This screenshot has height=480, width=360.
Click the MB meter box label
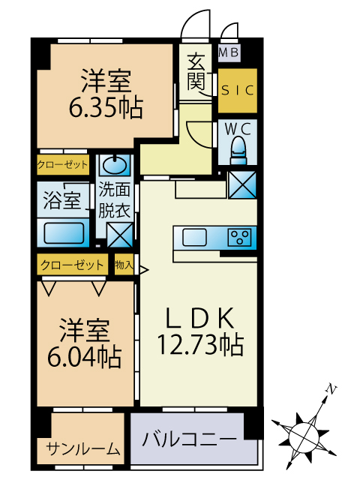[x=229, y=52]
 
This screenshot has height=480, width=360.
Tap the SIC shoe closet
[x=237, y=90]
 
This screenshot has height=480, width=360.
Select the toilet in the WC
[x=238, y=151]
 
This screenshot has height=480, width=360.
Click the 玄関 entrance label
[x=196, y=71]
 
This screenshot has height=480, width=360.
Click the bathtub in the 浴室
[x=64, y=233]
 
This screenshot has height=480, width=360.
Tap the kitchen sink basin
[x=195, y=238]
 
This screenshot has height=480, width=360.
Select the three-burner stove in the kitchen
[x=239, y=237]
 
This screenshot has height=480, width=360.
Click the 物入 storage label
[x=124, y=264]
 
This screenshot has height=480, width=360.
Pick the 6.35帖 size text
[x=106, y=108]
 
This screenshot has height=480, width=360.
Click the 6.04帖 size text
[x=85, y=357]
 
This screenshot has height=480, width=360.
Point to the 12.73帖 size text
[x=200, y=345]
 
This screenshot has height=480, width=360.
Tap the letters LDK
[x=200, y=317]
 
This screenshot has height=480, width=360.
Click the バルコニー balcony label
[x=190, y=439]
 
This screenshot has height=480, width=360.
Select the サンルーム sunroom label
[x=83, y=448]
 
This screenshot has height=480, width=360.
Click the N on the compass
[x=330, y=388]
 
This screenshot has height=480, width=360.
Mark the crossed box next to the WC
[x=242, y=184]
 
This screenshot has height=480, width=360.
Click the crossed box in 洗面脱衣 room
[x=120, y=235]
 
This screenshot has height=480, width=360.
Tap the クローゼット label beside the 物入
[x=72, y=265]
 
